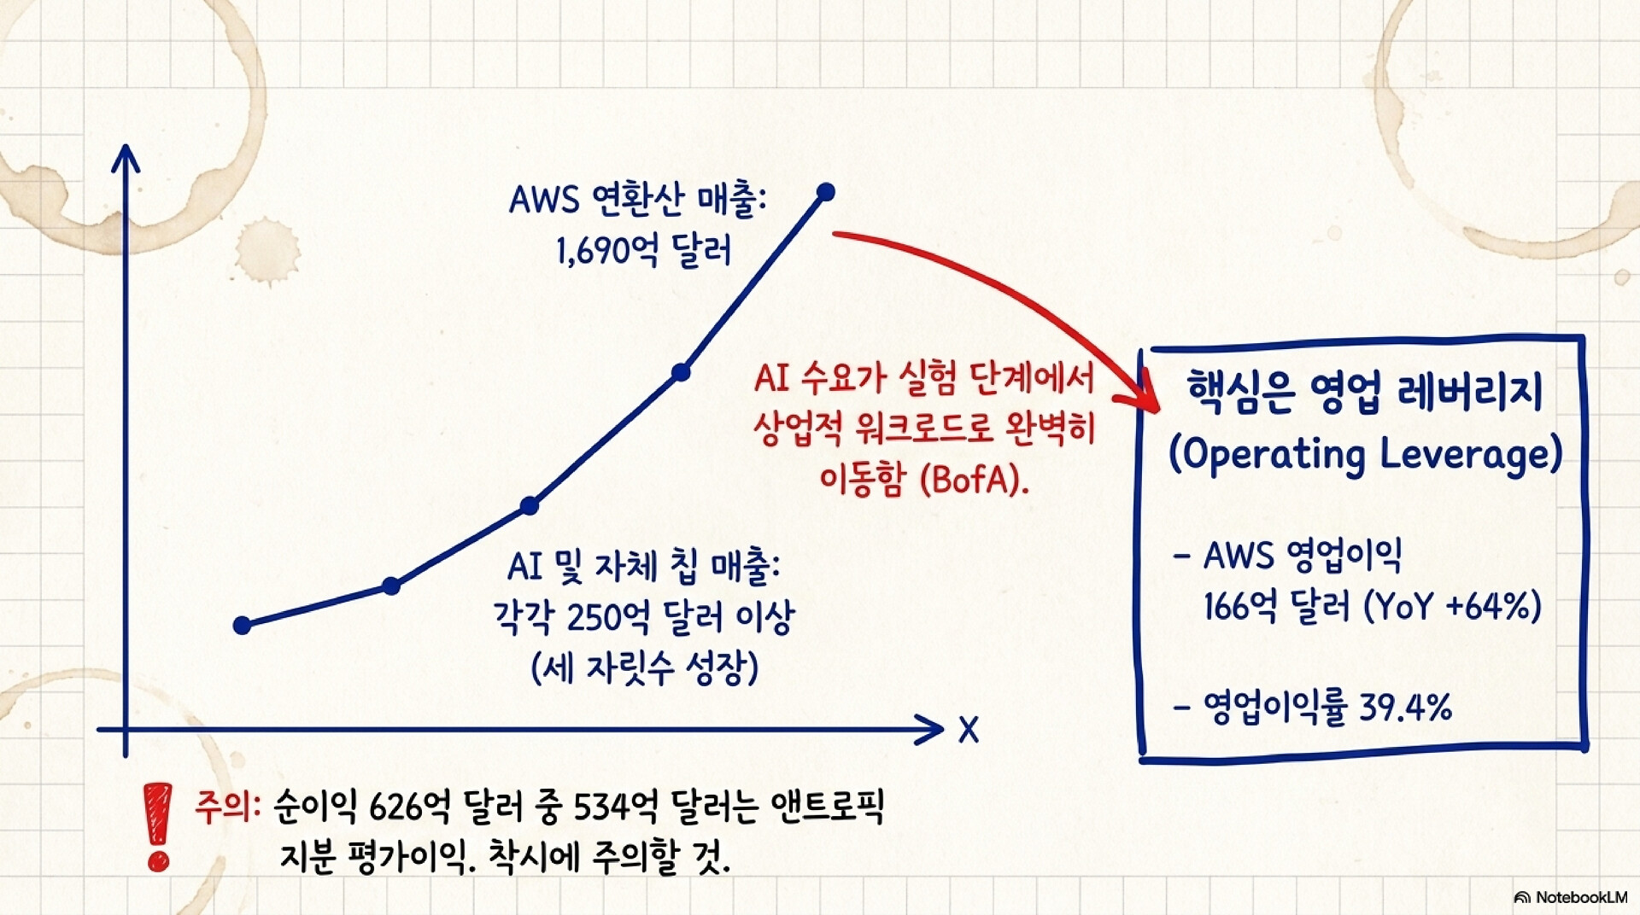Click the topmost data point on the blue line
(x=826, y=192)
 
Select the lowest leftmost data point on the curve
(x=242, y=626)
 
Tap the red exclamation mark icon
(x=158, y=826)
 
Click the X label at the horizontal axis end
(x=968, y=730)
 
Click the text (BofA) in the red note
(x=975, y=480)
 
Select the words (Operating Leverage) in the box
(x=1365, y=453)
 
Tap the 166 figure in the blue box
(x=1227, y=607)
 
